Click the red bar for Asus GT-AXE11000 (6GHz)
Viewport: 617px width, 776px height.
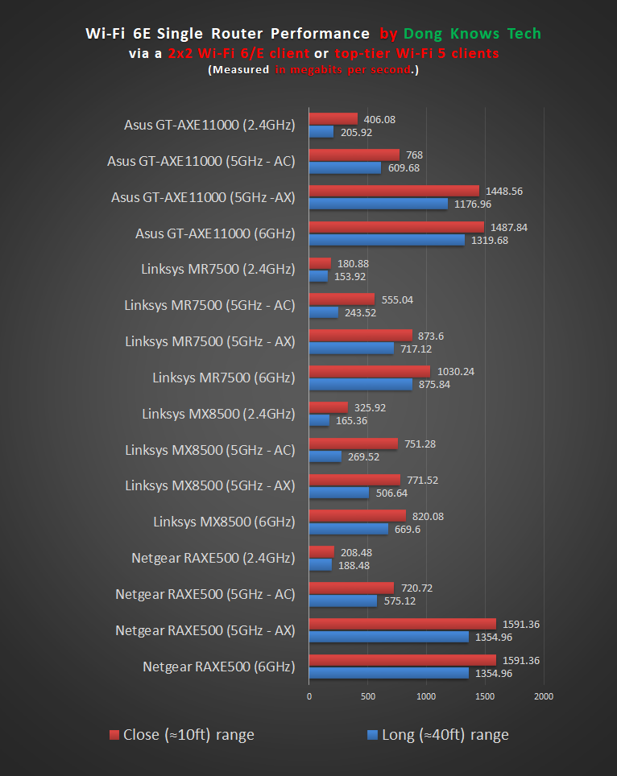[x=396, y=228]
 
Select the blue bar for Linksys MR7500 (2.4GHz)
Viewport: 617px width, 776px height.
[x=318, y=276]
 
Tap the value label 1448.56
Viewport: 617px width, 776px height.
[x=504, y=192]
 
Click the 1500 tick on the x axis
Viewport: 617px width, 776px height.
[x=485, y=696]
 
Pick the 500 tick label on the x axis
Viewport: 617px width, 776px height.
[x=367, y=696]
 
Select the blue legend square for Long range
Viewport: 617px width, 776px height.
[x=372, y=734]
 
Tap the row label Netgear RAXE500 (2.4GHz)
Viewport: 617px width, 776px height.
[x=213, y=558]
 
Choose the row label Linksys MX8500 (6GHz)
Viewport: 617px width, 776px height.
[x=224, y=522]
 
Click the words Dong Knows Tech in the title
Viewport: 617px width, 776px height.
[x=472, y=34]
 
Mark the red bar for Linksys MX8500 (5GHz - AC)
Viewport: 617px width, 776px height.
[x=353, y=444]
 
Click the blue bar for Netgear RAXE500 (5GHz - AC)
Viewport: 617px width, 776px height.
[x=342, y=601]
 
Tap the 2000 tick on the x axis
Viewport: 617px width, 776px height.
[x=544, y=696]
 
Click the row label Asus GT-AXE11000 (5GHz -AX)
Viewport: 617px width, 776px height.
[x=203, y=197]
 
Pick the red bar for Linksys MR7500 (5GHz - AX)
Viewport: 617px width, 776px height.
[x=360, y=336]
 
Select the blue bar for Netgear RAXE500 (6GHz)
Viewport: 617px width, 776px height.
[x=388, y=673]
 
